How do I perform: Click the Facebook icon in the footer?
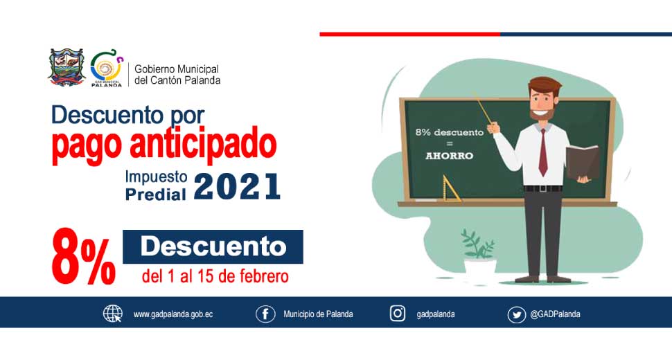click(x=265, y=314)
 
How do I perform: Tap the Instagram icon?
click(x=397, y=314)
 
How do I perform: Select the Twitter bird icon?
click(x=516, y=315)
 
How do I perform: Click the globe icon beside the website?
click(x=113, y=314)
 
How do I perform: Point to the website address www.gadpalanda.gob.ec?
click(x=173, y=314)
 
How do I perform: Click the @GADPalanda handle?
click(x=556, y=314)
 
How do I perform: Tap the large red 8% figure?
click(x=84, y=257)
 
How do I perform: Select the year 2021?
click(x=237, y=187)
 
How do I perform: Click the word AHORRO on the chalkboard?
click(x=449, y=156)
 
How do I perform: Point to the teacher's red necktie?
click(x=543, y=152)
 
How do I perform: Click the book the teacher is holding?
click(x=582, y=163)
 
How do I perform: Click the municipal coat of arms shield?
click(x=67, y=68)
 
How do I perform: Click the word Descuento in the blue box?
click(x=213, y=246)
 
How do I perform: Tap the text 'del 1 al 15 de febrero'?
click(x=215, y=276)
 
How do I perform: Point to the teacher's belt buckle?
click(x=543, y=188)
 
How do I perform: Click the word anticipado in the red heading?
click(x=203, y=145)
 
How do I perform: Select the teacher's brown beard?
click(x=542, y=114)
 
